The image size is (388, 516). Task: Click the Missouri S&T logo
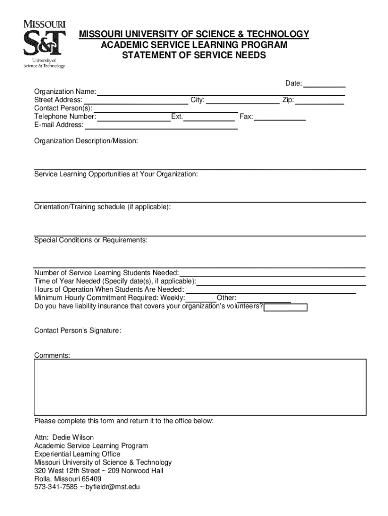pyautogui.click(x=44, y=44)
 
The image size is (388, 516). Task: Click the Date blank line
pyautogui.click(x=325, y=84)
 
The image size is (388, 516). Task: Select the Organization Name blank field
pyautogui.click(x=221, y=92)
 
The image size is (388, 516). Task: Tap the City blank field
pyautogui.click(x=243, y=100)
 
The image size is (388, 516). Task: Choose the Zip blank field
pyautogui.click(x=320, y=100)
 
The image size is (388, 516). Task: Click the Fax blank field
pyautogui.click(x=280, y=117)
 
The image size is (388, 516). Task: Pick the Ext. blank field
pyautogui.click(x=209, y=117)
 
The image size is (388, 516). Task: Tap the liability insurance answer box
pyautogui.click(x=286, y=307)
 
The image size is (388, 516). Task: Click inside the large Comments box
pyautogui.click(x=200, y=386)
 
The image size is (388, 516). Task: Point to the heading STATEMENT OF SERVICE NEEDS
pyautogui.click(x=194, y=55)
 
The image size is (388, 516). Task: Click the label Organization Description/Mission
pyautogui.click(x=86, y=142)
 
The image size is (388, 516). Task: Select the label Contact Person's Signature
pyautogui.click(x=78, y=331)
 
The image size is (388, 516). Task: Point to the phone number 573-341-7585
pyautogui.click(x=56, y=487)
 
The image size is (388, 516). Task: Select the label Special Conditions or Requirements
pyautogui.click(x=91, y=240)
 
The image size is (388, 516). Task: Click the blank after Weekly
pyautogui.click(x=201, y=298)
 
